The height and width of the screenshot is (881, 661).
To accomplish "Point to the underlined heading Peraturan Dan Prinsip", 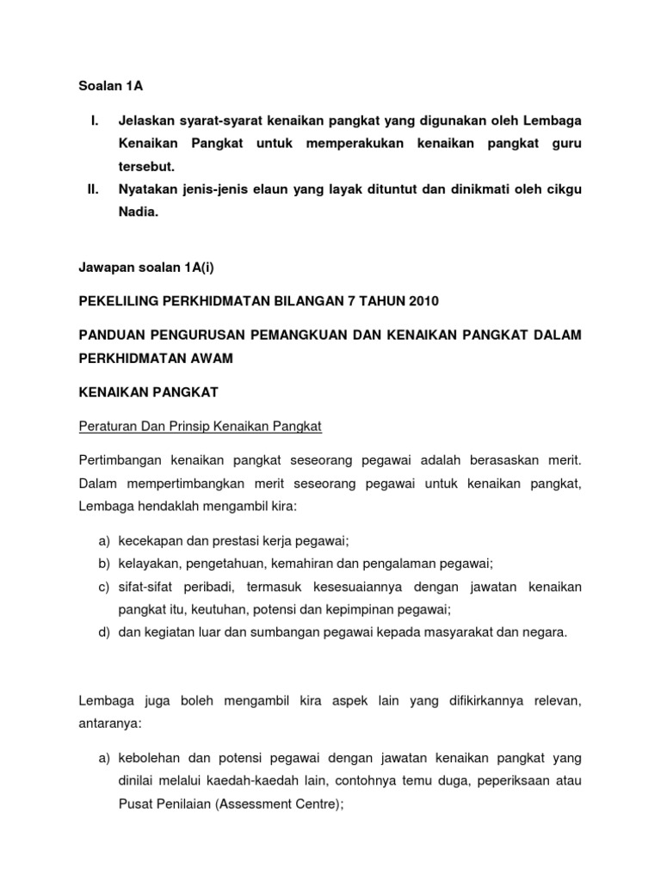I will click(x=200, y=426).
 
